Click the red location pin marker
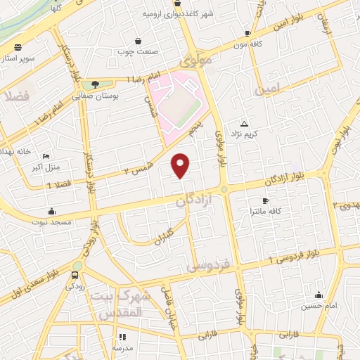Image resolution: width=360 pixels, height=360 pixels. [181, 165]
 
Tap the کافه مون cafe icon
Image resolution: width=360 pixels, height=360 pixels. [247, 33]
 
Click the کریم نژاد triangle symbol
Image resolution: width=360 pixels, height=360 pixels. [244, 123]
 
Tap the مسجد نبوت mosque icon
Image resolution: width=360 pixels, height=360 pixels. [51, 210]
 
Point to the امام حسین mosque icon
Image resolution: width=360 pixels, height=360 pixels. [319, 295]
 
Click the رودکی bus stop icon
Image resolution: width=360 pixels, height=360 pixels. [75, 275]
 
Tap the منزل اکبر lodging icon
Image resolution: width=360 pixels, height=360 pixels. [46, 156]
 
